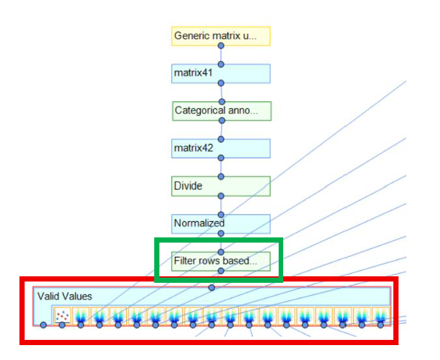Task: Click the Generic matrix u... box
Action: tap(221, 36)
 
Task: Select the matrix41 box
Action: tap(221, 73)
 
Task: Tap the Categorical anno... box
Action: tap(221, 111)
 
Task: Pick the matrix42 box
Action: tap(221, 149)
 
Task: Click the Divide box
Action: tap(221, 186)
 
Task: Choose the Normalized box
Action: tap(221, 224)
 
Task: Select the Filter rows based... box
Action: tap(221, 261)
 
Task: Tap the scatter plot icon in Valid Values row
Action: tap(62, 316)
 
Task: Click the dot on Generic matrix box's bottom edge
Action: tap(221, 45)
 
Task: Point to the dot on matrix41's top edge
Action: tap(221, 64)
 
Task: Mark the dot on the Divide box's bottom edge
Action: tap(221, 196)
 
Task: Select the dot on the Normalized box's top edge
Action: tap(221, 214)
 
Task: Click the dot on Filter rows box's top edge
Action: tap(221, 252)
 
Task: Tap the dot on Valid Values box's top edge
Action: tap(211, 287)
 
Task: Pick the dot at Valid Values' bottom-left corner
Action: tap(43, 324)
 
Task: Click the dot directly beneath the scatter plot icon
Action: tap(62, 324)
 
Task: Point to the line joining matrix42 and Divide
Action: tap(221, 167)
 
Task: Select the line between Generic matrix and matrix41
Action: tap(221, 54)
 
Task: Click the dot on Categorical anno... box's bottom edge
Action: tap(221, 121)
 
